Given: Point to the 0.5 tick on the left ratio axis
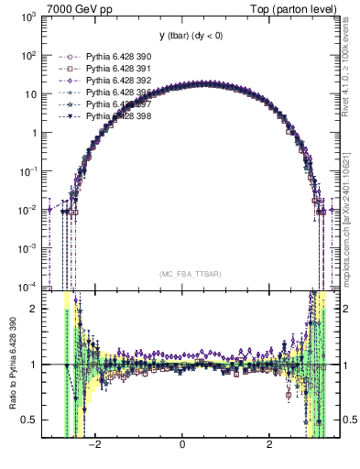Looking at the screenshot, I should pos(29,420).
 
